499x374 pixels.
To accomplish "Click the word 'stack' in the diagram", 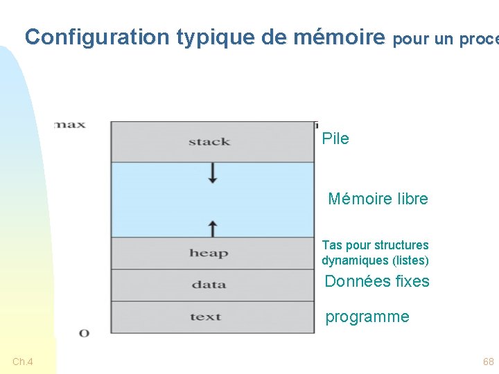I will click(x=209, y=142).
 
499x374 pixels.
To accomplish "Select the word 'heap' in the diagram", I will click(x=209, y=253).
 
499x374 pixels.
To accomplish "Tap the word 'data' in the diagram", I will click(x=209, y=285).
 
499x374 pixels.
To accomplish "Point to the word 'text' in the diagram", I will click(x=205, y=317).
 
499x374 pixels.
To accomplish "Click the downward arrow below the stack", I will click(x=213, y=172).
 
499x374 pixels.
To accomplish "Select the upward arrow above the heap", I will click(x=213, y=228).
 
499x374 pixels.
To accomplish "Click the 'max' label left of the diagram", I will click(x=70, y=125).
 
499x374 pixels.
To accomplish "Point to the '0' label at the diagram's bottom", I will click(x=84, y=333).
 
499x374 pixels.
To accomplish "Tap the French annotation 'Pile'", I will click(x=335, y=139).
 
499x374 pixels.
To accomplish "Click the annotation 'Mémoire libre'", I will click(x=378, y=199).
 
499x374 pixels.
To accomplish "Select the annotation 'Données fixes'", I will click(x=377, y=281).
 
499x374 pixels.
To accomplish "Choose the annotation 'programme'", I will click(x=367, y=317).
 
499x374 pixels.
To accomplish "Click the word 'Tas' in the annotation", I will click(x=332, y=245).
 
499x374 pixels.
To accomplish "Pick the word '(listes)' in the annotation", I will click(x=410, y=261).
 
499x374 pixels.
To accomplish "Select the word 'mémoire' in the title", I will click(x=339, y=37).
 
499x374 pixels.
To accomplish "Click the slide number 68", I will click(x=489, y=362).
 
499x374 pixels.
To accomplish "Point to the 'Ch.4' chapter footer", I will click(x=23, y=362).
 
